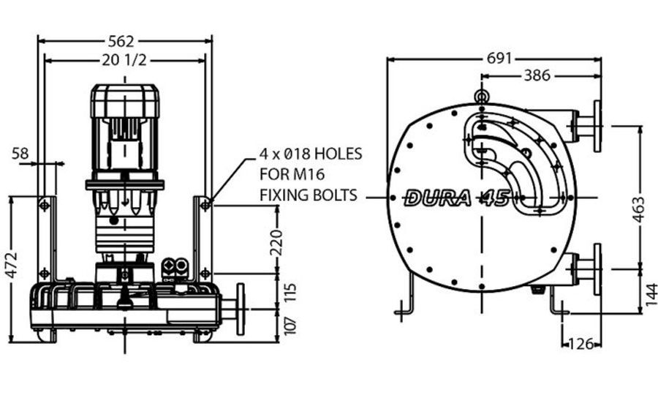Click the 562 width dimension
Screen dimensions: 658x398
point(121,41)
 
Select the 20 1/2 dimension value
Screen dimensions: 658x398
point(124,61)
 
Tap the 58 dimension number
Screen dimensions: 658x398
point(20,153)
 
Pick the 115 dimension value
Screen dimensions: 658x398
point(290,293)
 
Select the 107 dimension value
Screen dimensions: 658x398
point(290,326)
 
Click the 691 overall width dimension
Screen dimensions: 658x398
point(499,59)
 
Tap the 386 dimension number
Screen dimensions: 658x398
point(537,75)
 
